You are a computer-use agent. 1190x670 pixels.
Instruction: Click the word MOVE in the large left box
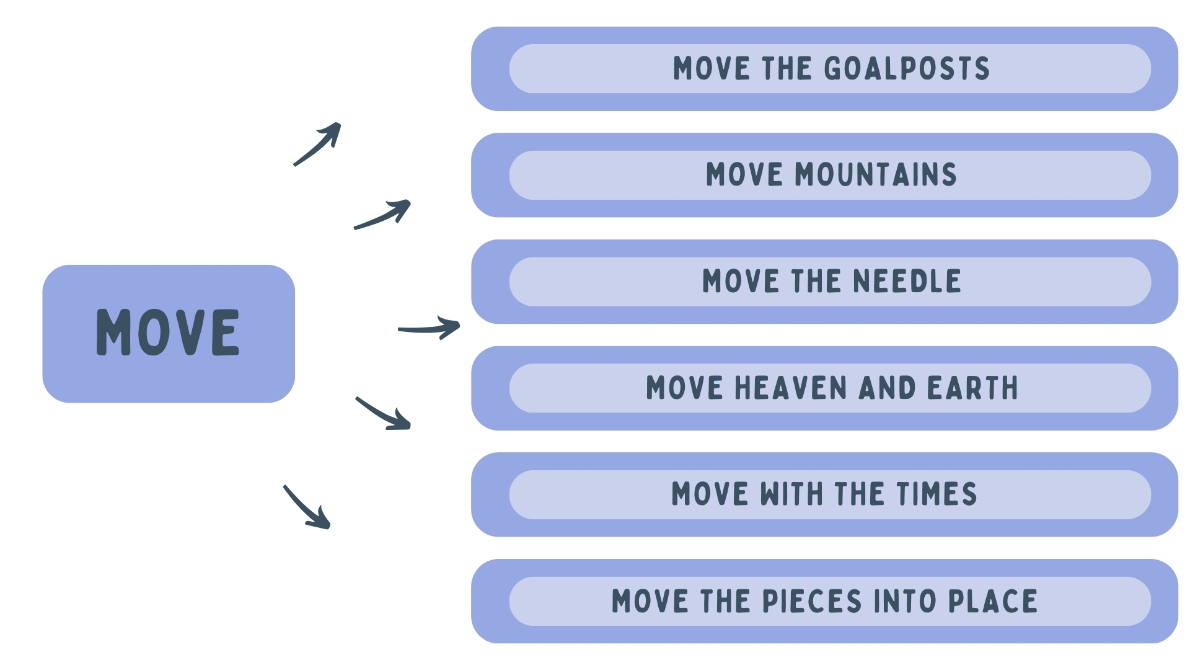(x=168, y=333)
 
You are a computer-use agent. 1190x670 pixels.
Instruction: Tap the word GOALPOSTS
(x=907, y=69)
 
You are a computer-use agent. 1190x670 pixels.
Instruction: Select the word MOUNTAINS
(x=876, y=175)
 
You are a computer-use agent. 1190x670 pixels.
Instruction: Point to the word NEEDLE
(x=907, y=282)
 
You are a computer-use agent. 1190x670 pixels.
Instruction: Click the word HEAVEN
(x=790, y=388)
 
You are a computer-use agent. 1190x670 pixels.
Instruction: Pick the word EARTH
(x=972, y=388)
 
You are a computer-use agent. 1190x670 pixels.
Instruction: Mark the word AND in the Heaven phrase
(x=887, y=388)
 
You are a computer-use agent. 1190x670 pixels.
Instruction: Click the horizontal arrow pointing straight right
(x=429, y=328)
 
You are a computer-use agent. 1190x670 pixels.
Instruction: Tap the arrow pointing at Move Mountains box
(x=383, y=214)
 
